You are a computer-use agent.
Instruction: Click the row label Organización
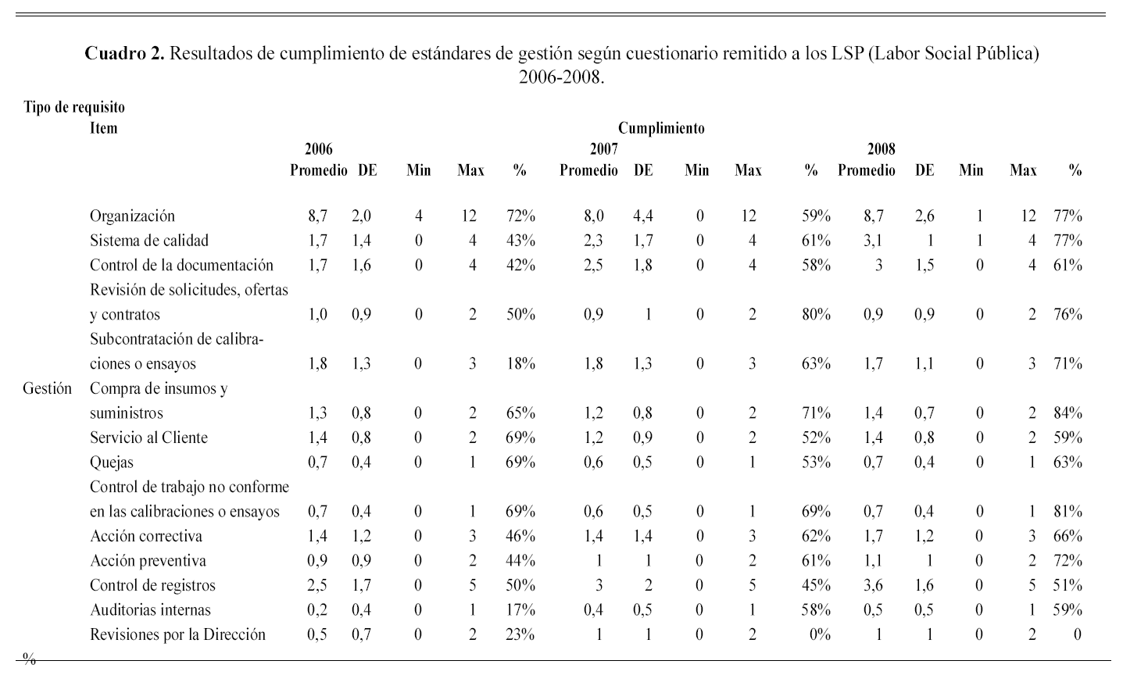point(132,216)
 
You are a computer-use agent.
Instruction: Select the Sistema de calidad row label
point(149,241)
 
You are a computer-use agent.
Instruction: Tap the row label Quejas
point(112,462)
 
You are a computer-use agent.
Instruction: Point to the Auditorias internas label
point(150,610)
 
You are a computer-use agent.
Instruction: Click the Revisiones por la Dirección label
point(177,635)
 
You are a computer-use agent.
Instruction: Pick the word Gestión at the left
point(48,388)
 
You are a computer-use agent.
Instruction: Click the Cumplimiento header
point(661,128)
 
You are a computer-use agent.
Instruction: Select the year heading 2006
point(319,148)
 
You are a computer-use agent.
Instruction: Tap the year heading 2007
point(604,148)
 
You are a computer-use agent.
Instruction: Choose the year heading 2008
point(882,148)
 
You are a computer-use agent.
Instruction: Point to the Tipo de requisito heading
point(74,107)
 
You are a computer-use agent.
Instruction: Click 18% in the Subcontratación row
point(520,364)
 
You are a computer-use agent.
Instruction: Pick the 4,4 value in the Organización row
point(643,216)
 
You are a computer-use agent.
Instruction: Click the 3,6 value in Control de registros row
point(873,586)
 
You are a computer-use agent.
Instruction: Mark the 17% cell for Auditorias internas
point(520,610)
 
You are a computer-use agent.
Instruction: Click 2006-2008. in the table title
point(562,78)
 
